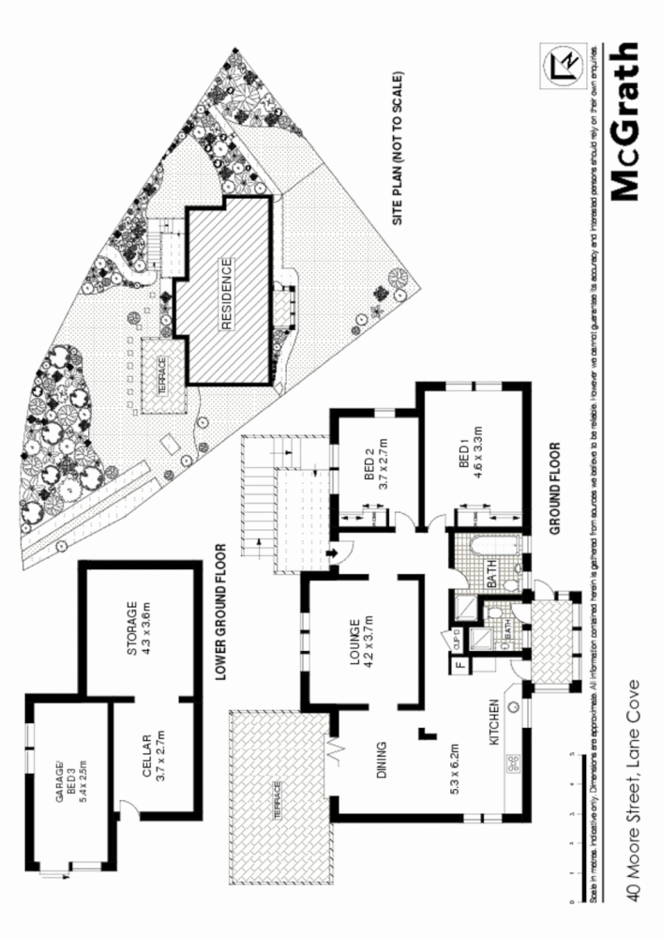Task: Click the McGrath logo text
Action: [624, 121]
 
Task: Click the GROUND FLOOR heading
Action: [554, 489]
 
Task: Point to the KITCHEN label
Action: [494, 721]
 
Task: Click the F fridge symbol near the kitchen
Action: [460, 667]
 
